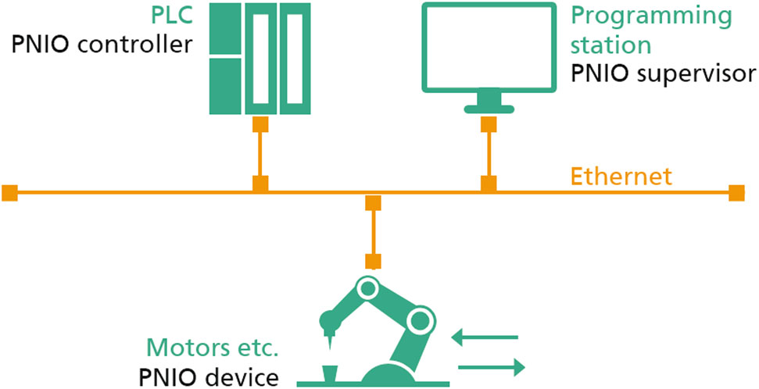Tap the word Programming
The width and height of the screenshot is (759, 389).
[652, 16]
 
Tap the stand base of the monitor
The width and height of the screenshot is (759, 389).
[489, 105]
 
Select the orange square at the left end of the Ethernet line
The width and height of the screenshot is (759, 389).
[9, 193]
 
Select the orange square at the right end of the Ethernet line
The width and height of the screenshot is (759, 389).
[736, 193]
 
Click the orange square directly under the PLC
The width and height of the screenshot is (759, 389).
[260, 124]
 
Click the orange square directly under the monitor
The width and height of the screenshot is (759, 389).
[489, 125]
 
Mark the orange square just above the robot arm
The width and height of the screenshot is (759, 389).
[374, 261]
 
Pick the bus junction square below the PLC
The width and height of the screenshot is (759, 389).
[260, 184]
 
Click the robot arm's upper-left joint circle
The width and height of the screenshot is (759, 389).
[366, 288]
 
